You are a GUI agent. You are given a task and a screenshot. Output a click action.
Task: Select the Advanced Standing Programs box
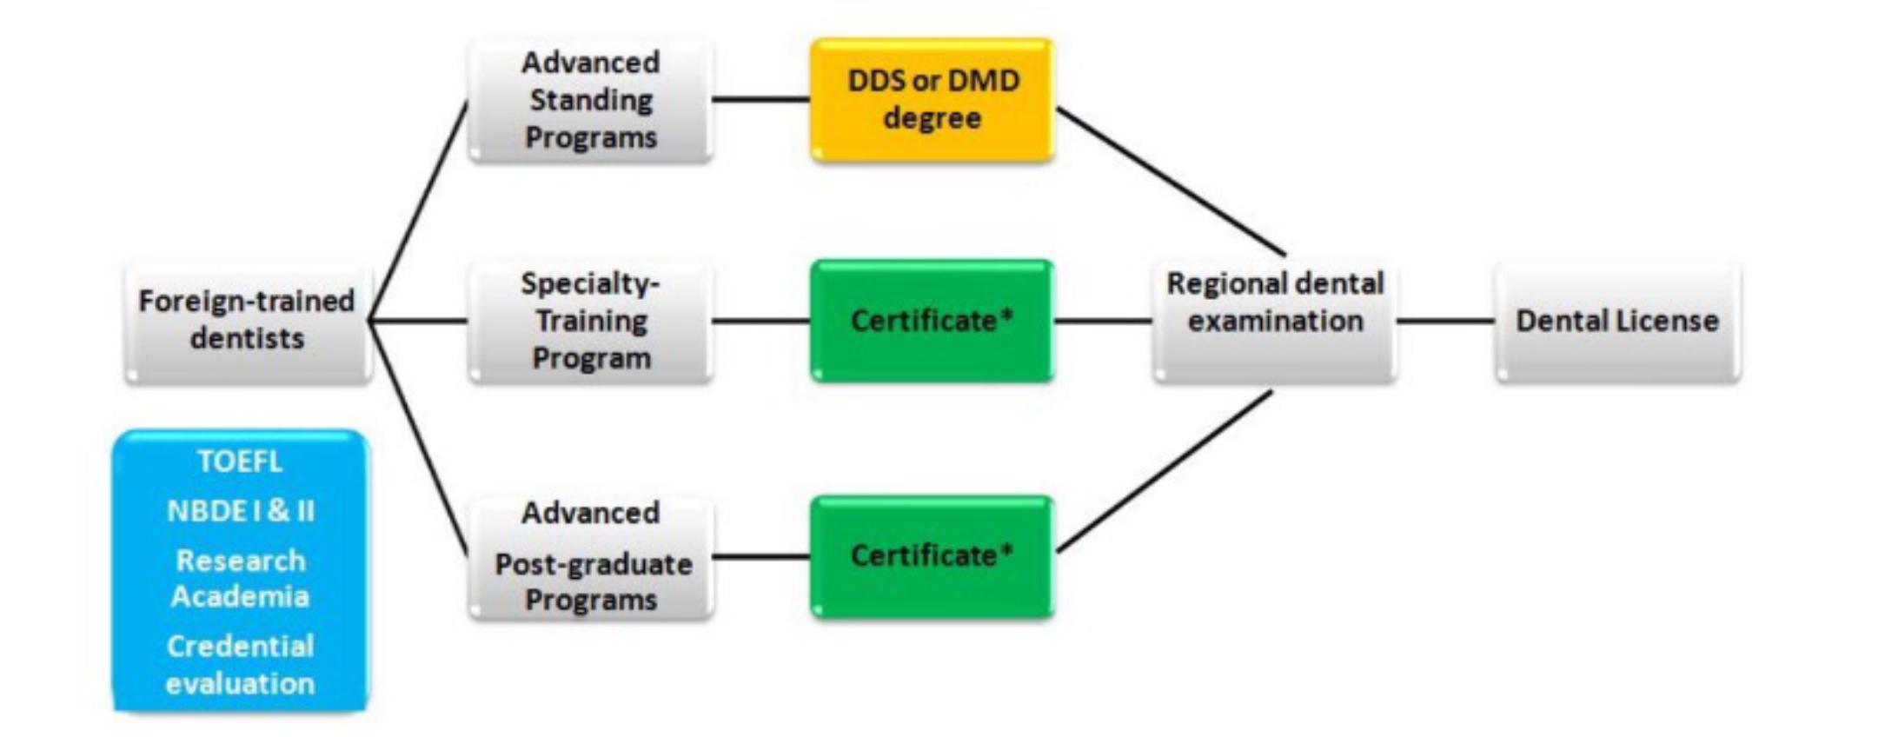[x=591, y=100]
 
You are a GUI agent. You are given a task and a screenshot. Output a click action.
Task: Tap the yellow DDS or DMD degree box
[x=933, y=99]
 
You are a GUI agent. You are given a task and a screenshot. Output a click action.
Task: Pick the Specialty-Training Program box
[x=591, y=321]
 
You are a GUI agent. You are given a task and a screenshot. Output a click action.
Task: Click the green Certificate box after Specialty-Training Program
[x=932, y=321]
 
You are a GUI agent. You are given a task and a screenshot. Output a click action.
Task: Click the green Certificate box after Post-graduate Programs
[x=932, y=556]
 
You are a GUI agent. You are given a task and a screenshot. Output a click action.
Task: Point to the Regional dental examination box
[x=1275, y=321]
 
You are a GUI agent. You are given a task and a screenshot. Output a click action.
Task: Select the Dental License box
[x=1617, y=321]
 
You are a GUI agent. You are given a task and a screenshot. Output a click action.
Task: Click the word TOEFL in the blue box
[x=240, y=461]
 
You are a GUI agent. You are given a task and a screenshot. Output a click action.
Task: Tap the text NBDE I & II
[x=241, y=510]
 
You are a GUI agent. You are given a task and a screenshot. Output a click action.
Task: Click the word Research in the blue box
[x=241, y=561]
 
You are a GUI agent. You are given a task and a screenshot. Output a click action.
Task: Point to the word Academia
[x=240, y=596]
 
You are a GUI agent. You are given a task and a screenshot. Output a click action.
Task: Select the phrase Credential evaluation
[x=240, y=665]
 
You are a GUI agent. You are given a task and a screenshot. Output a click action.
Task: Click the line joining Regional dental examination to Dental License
[x=1445, y=321]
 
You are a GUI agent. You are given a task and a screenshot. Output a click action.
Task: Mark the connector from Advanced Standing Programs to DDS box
[x=761, y=99]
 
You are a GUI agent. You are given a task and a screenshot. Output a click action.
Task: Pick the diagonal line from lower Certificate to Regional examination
[x=1165, y=472]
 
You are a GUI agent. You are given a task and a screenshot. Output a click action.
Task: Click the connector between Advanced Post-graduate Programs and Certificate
[x=761, y=556]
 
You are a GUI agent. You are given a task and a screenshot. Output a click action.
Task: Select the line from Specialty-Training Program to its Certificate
[x=761, y=321]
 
